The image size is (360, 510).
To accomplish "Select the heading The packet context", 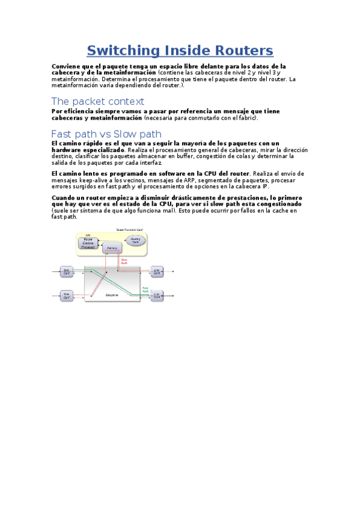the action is pyautogui.click(x=97, y=101).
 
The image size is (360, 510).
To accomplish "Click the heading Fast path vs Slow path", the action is pyautogui.click(x=106, y=134).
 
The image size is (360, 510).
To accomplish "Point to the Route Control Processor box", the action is pyautogui.click(x=88, y=243).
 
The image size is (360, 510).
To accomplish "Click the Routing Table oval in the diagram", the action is pyautogui.click(x=135, y=239).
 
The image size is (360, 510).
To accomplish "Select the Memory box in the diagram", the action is pyautogui.click(x=111, y=248).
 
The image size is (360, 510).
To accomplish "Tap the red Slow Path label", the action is pyautogui.click(x=124, y=261).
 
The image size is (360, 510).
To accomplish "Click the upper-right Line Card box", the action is pyautogui.click(x=157, y=271).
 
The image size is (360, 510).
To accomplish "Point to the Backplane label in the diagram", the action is pyautogui.click(x=111, y=295).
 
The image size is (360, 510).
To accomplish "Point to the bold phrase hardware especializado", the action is pyautogui.click(x=88, y=149).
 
